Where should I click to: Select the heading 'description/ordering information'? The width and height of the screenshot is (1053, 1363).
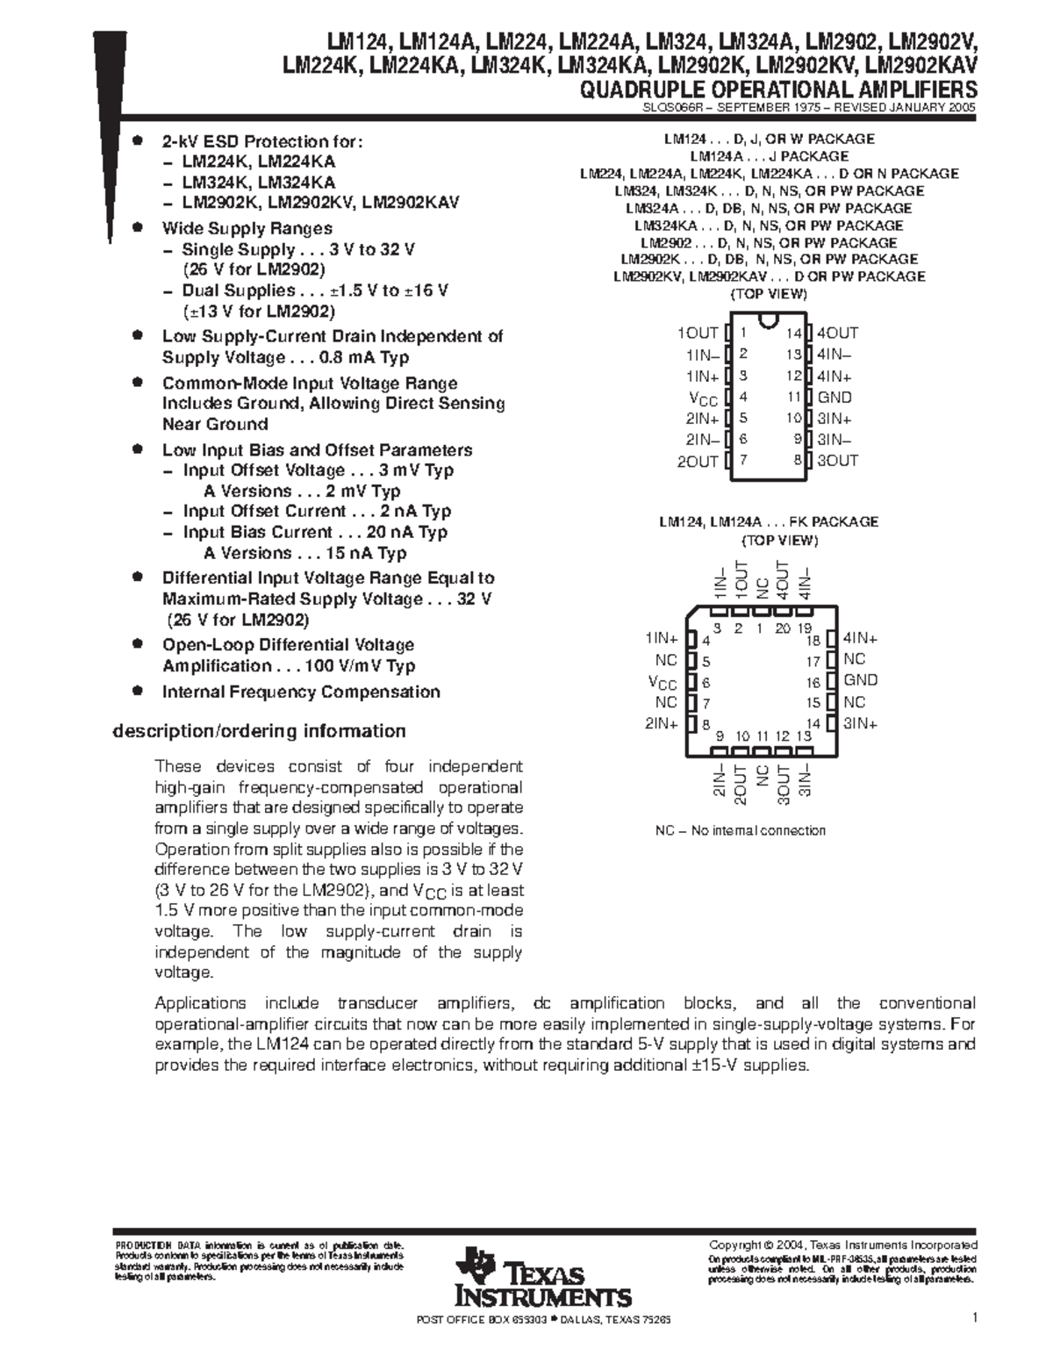click(259, 731)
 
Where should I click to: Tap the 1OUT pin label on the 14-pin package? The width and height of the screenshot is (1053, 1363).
click(698, 333)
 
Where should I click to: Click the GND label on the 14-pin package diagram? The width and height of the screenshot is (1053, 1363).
click(835, 397)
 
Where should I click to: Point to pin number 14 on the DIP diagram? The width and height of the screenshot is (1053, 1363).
click(793, 334)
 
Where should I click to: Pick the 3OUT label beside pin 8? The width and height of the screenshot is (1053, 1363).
click(838, 460)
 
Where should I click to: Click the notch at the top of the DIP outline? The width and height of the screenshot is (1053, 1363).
click(769, 318)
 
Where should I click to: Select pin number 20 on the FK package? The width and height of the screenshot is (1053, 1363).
click(782, 628)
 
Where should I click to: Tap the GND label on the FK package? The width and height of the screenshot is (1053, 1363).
click(861, 680)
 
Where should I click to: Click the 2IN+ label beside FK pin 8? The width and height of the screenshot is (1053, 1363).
click(662, 723)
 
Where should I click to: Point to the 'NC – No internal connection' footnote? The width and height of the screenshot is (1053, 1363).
click(741, 830)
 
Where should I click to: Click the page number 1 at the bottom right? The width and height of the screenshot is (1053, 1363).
click(975, 1317)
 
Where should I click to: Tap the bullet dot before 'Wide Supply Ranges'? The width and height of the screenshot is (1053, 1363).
click(136, 227)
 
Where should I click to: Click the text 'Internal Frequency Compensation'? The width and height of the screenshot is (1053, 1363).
click(301, 692)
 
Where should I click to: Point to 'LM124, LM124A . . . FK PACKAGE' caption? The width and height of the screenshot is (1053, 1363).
click(769, 521)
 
